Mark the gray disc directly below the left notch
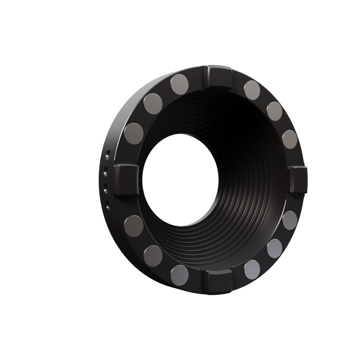(133, 223)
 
